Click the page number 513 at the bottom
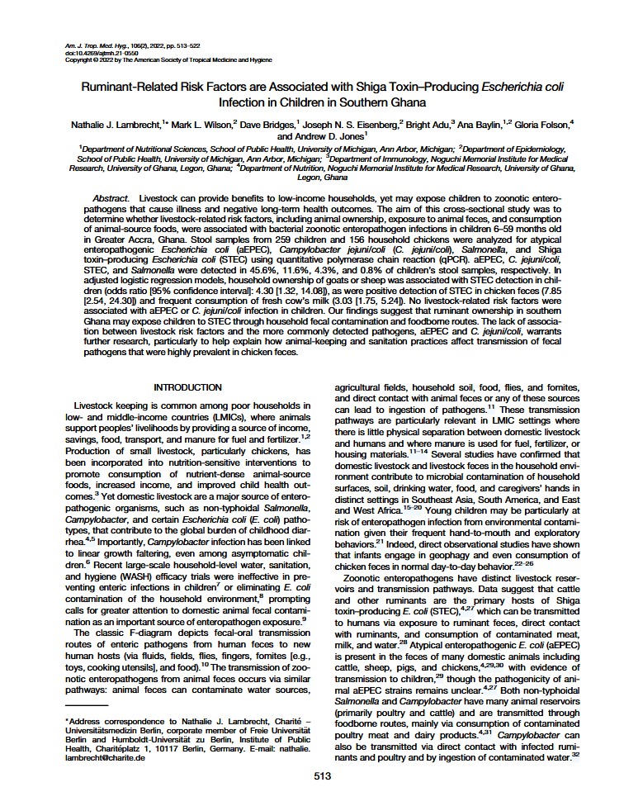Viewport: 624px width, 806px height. tap(312, 775)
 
